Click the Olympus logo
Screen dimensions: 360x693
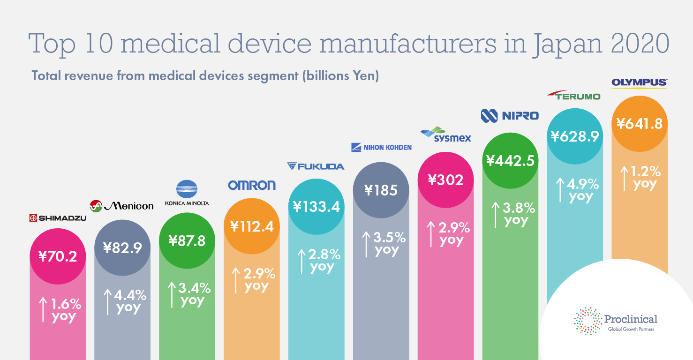pyautogui.click(x=639, y=83)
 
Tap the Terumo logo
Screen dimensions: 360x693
pyautogui.click(x=574, y=95)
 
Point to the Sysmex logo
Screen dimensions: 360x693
pyautogui.click(x=445, y=135)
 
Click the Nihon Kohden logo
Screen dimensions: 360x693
pyautogui.click(x=381, y=147)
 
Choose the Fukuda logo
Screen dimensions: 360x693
pyautogui.click(x=316, y=166)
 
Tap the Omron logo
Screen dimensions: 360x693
pyautogui.click(x=252, y=185)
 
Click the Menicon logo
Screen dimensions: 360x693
pyautogui.click(x=121, y=205)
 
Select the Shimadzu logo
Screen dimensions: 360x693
pyautogui.click(x=58, y=218)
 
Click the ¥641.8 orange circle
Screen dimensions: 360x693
pyautogui.click(x=639, y=124)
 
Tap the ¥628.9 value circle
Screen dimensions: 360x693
pyautogui.click(x=574, y=136)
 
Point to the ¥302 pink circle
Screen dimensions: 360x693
pyautogui.click(x=445, y=180)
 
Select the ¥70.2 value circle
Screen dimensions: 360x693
pyautogui.click(x=58, y=256)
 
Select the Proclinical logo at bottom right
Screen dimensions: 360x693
pyautogui.click(x=615, y=322)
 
